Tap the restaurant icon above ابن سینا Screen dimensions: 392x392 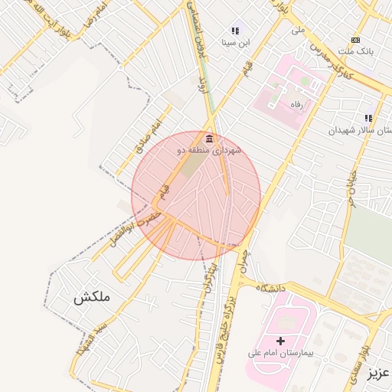[235, 31]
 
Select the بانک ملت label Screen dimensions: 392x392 [356, 51]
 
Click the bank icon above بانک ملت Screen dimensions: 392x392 [355, 39]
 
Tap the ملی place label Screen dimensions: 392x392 [298, 31]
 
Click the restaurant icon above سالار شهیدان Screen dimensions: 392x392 [368, 118]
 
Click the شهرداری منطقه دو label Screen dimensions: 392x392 [210, 151]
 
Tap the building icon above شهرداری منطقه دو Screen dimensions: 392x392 [210, 139]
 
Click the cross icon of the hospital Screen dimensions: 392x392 [280, 340]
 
